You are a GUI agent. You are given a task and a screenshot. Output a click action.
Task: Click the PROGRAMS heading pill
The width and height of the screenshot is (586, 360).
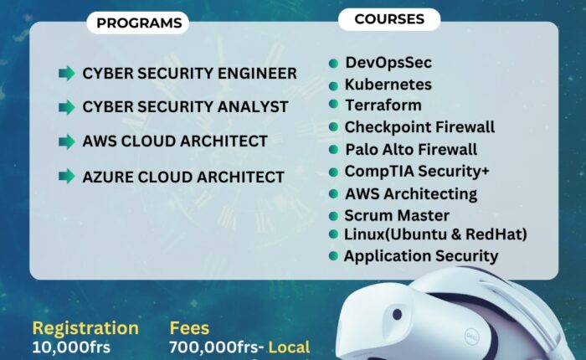pyautogui.click(x=138, y=23)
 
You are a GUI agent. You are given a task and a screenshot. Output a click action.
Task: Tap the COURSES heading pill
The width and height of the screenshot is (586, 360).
pyautogui.click(x=389, y=19)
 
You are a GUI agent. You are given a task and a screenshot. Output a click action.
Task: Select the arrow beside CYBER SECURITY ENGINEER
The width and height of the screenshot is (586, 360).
pyautogui.click(x=67, y=74)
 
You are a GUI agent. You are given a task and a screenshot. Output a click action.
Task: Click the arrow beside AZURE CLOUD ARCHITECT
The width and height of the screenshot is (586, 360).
pyautogui.click(x=67, y=176)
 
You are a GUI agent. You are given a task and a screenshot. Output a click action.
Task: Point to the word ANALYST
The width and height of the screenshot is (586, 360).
pyautogui.click(x=253, y=107)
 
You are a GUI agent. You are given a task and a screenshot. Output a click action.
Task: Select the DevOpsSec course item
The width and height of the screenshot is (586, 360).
pyautogui.click(x=388, y=63)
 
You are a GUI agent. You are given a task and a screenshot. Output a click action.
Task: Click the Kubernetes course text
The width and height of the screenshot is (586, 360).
pyautogui.click(x=388, y=85)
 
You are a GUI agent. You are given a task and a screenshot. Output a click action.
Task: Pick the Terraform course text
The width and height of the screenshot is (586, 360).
pyautogui.click(x=383, y=105)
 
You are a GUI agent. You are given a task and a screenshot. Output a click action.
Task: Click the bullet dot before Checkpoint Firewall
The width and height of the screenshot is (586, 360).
pyautogui.click(x=333, y=127)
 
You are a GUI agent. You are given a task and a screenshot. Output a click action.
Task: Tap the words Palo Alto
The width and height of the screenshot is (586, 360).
pyautogui.click(x=375, y=150)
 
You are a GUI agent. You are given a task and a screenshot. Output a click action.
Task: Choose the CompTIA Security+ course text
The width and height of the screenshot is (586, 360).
pyautogui.click(x=417, y=172)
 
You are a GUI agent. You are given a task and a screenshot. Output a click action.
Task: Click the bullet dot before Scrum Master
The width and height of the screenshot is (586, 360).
pyautogui.click(x=333, y=216)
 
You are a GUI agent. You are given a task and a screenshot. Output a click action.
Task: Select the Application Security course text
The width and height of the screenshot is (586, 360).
pyautogui.click(x=421, y=256)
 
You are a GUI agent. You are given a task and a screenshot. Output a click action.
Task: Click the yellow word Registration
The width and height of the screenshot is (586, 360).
pyautogui.click(x=85, y=328)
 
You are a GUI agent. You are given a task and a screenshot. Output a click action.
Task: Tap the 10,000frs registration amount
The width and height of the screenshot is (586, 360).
pyautogui.click(x=71, y=347)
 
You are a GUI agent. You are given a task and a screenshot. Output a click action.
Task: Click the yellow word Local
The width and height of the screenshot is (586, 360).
pyautogui.click(x=289, y=347)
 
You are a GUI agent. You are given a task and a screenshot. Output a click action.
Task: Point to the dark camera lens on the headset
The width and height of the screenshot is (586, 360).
pyautogui.click(x=397, y=315)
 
